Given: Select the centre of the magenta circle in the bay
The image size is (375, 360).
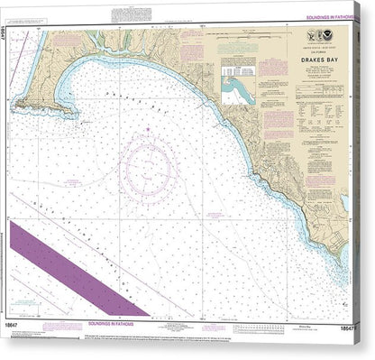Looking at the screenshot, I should click(147, 163).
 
